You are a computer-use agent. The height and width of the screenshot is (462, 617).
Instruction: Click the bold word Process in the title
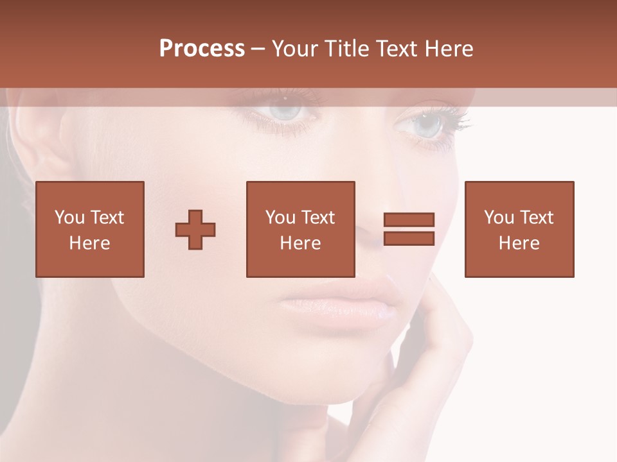pos(202,49)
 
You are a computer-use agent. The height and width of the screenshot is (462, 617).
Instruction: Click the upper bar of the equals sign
pos(409,220)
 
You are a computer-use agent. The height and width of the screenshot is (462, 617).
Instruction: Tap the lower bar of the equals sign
pos(409,239)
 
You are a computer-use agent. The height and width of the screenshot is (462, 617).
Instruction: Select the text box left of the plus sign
pos(89,229)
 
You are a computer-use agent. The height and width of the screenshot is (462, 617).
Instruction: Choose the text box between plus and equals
pos(300,229)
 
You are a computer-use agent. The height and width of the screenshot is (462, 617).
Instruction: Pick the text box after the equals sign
pos(519,229)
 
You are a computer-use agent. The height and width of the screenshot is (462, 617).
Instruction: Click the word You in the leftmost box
pos(69,218)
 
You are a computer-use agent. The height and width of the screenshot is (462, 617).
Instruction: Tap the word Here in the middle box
pos(300,243)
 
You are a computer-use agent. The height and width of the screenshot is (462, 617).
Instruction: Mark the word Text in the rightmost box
pos(536,218)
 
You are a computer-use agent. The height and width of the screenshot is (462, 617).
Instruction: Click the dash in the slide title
pos(258,49)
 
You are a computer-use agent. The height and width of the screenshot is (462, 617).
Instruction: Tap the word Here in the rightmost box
pos(519,243)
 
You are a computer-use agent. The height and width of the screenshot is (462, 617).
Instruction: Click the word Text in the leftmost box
pos(107,218)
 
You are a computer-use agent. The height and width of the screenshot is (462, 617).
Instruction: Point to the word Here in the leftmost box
pos(89,243)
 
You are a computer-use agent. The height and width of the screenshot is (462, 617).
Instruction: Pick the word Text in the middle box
pos(317,218)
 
